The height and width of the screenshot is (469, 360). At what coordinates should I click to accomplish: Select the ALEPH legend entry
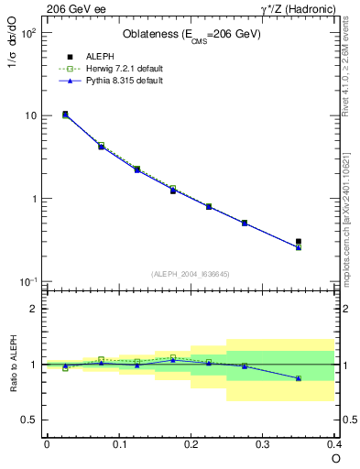click(x=95, y=55)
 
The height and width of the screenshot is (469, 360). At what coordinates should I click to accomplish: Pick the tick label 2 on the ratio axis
click(x=33, y=309)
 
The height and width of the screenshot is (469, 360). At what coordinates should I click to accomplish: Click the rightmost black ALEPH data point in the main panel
click(x=299, y=242)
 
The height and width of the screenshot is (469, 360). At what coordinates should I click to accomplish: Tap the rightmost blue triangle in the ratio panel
click(x=299, y=378)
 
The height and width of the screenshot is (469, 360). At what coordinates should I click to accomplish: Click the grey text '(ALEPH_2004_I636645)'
click(x=191, y=274)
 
